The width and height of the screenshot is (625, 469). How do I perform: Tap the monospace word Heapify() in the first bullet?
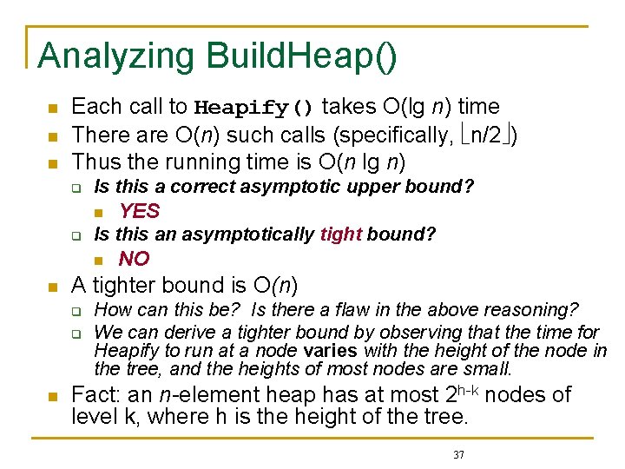[x=253, y=108]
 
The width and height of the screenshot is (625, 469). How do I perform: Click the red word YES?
[x=140, y=210]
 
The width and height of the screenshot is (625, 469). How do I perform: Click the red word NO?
[x=135, y=258]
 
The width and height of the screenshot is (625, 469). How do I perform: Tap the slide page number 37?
[x=460, y=454]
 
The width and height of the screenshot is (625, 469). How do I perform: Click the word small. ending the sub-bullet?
[x=488, y=368]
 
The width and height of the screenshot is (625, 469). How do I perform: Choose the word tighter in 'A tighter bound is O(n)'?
[x=130, y=285]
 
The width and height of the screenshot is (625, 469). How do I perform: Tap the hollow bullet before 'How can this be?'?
[x=76, y=310]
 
